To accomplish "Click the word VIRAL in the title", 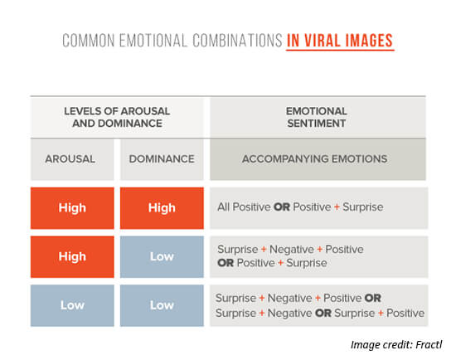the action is point(323,40).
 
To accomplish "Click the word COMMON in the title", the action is point(89,40).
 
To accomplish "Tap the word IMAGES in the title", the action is point(369,40).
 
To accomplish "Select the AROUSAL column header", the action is point(70,159).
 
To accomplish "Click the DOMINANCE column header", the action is point(162,159).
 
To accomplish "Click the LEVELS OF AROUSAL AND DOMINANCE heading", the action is point(117,117).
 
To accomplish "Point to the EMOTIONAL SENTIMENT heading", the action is point(317,117).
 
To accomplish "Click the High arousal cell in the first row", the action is point(72,208).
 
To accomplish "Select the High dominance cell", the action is point(162,208).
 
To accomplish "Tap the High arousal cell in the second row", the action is point(72,256).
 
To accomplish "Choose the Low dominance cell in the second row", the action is point(162,256).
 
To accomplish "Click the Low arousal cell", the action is point(72,305).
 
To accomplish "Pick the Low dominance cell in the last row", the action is point(162,305).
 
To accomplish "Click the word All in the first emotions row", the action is point(223,207).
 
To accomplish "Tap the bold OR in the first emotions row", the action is point(282,207).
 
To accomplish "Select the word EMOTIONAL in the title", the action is point(153,40).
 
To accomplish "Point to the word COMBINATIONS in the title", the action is point(237,40).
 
